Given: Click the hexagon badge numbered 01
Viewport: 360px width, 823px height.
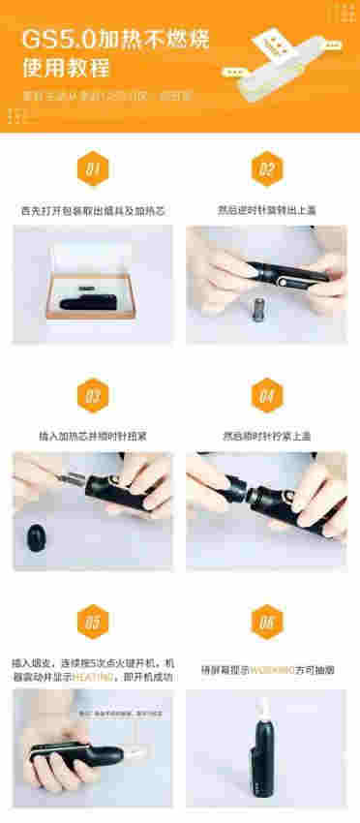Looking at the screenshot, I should [x=93, y=171].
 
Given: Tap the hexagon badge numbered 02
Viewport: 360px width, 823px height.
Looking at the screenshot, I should [x=266, y=171].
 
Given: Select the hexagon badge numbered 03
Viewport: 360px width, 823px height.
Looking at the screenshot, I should [x=93, y=396].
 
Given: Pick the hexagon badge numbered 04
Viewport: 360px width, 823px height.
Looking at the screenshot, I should [x=266, y=396].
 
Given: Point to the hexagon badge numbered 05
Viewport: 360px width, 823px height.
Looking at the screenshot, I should [x=93, y=623].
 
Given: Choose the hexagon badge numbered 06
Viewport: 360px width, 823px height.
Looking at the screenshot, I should [x=266, y=623].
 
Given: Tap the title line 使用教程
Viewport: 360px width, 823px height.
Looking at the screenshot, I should [x=67, y=71].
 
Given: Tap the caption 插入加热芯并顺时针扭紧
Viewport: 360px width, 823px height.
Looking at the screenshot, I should [x=93, y=435].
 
